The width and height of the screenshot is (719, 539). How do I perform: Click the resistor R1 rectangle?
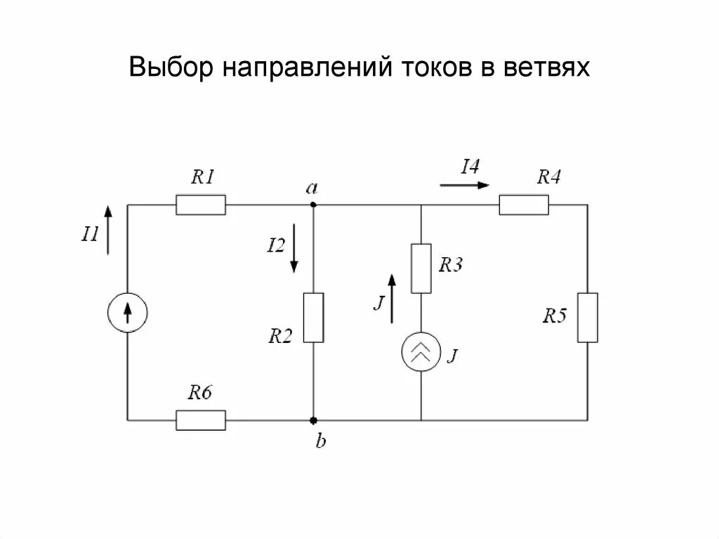pyautogui.click(x=201, y=205)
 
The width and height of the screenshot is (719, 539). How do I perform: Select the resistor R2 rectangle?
pyautogui.click(x=313, y=317)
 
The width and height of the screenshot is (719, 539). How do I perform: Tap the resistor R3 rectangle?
pyautogui.click(x=421, y=268)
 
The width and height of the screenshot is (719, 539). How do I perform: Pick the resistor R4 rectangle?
pyautogui.click(x=524, y=205)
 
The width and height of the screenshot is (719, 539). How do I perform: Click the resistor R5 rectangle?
pyautogui.click(x=588, y=317)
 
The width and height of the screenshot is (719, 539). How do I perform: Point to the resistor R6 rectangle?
pyautogui.click(x=201, y=420)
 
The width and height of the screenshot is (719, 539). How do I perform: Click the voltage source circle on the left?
pyautogui.click(x=128, y=312)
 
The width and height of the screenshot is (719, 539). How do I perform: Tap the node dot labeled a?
pyautogui.click(x=313, y=205)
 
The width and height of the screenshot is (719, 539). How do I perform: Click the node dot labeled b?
pyautogui.click(x=313, y=420)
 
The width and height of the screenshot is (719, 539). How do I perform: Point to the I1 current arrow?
pyautogui.click(x=107, y=230)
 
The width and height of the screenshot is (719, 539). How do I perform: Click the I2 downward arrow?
pyautogui.click(x=295, y=248)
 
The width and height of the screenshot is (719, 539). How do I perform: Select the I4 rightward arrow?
pyautogui.click(x=464, y=186)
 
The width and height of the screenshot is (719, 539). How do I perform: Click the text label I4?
pyautogui.click(x=470, y=167)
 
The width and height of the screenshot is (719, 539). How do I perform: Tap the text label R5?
pyautogui.click(x=554, y=316)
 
